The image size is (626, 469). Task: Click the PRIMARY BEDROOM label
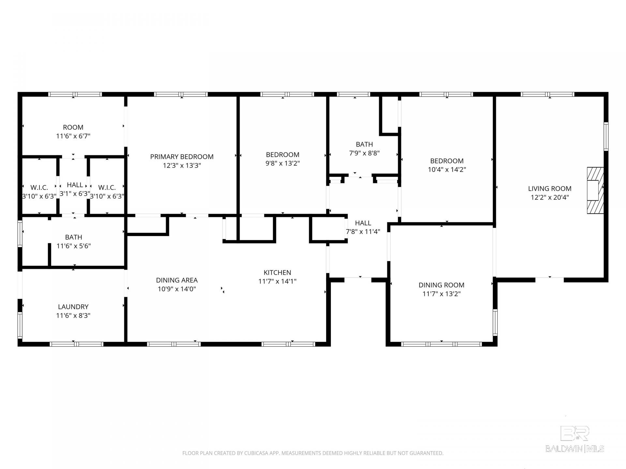tap(182, 157)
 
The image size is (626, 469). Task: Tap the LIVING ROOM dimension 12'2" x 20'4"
tap(550, 197)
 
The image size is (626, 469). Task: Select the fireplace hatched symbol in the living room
tap(595, 191)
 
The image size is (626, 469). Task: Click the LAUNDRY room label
tap(73, 307)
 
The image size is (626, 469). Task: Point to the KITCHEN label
tap(277, 273)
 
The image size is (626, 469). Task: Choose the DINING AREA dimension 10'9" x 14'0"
tap(177, 289)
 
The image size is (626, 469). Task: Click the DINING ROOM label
tap(441, 285)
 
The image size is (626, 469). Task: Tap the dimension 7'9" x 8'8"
tap(365, 153)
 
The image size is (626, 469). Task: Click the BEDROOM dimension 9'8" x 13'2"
tap(283, 163)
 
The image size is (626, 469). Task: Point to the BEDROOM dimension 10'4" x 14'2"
tap(447, 169)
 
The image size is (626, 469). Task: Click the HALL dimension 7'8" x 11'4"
tap(363, 232)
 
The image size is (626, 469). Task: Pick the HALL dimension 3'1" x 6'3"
tap(75, 193)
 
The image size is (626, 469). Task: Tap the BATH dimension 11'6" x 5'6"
tap(73, 246)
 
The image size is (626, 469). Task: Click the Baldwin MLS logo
tap(575, 439)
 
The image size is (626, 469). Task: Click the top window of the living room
tap(547, 94)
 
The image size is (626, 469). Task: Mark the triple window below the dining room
tap(441, 344)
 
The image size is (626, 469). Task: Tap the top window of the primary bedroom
tap(181, 94)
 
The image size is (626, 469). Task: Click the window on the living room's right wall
tap(606, 136)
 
